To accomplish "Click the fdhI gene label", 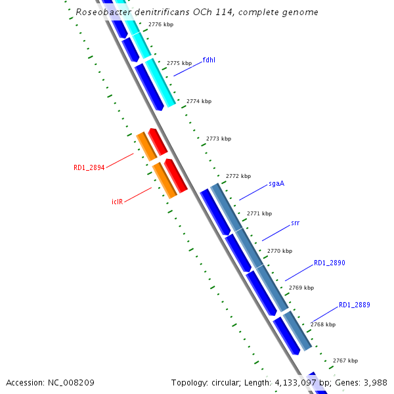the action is [209, 60].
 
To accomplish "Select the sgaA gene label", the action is [276, 183].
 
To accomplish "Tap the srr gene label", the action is [295, 223].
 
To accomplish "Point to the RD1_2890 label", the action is [329, 263].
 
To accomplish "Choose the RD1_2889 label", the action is [355, 305].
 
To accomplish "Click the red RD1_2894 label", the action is [89, 167].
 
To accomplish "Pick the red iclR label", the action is [118, 201].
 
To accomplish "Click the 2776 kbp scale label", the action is [161, 24].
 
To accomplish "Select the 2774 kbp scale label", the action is [199, 101].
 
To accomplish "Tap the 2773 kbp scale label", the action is [219, 139].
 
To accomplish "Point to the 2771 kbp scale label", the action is [259, 213].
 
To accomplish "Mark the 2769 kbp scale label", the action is [301, 288].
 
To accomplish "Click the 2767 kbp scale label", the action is [345, 361].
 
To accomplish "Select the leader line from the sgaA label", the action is [253, 192].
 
